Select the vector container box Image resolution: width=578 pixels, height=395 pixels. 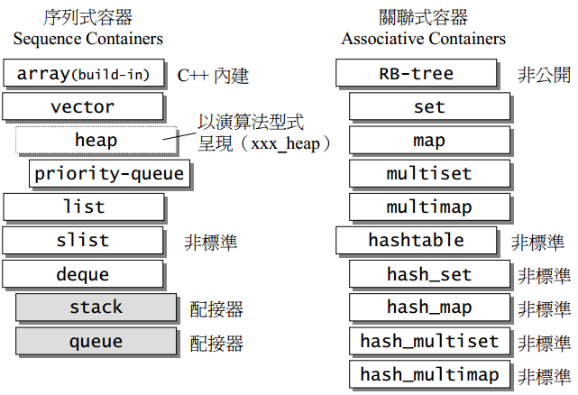pyautogui.click(x=83, y=107)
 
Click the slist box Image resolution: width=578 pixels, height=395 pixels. pyautogui.click(x=83, y=241)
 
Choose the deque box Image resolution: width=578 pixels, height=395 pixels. pyautogui.click(x=83, y=274)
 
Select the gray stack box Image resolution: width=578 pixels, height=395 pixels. pyautogui.click(x=96, y=308)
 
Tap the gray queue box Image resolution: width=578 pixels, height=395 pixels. pyautogui.click(x=96, y=342)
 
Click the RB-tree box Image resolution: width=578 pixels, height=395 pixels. pyautogui.click(x=416, y=74)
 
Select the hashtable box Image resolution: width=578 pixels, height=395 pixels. pyautogui.click(x=416, y=241)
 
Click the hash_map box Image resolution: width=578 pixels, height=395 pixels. pyautogui.click(x=429, y=308)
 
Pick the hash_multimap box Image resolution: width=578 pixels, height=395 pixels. pyautogui.click(x=429, y=375)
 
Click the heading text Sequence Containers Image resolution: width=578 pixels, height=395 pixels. pyautogui.click(x=88, y=39)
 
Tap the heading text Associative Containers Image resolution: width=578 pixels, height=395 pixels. pyautogui.click(x=424, y=39)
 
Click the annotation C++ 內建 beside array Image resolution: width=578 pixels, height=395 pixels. pyautogui.click(x=213, y=76)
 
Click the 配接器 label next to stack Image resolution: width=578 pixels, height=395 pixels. pyautogui.click(x=216, y=309)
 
